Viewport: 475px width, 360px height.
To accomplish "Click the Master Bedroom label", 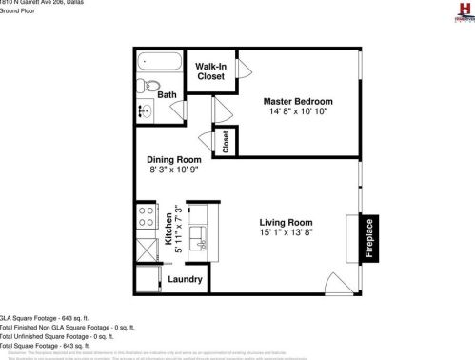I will [298, 102].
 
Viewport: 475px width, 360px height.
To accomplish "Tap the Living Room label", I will [286, 222].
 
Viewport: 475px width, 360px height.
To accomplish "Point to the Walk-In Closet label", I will [210, 71].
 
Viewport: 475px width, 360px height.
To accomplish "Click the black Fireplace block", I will [370, 239].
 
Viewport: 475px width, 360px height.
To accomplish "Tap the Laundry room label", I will [184, 279].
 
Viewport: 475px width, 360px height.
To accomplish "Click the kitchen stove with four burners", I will [147, 216].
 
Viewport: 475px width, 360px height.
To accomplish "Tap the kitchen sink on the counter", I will [201, 233].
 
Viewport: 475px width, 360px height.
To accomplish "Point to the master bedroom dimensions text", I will [298, 112].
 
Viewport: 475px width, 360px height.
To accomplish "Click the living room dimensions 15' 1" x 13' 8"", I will [286, 232].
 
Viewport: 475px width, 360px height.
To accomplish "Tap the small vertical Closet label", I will [226, 142].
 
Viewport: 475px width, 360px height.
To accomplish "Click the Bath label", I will [167, 95].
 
